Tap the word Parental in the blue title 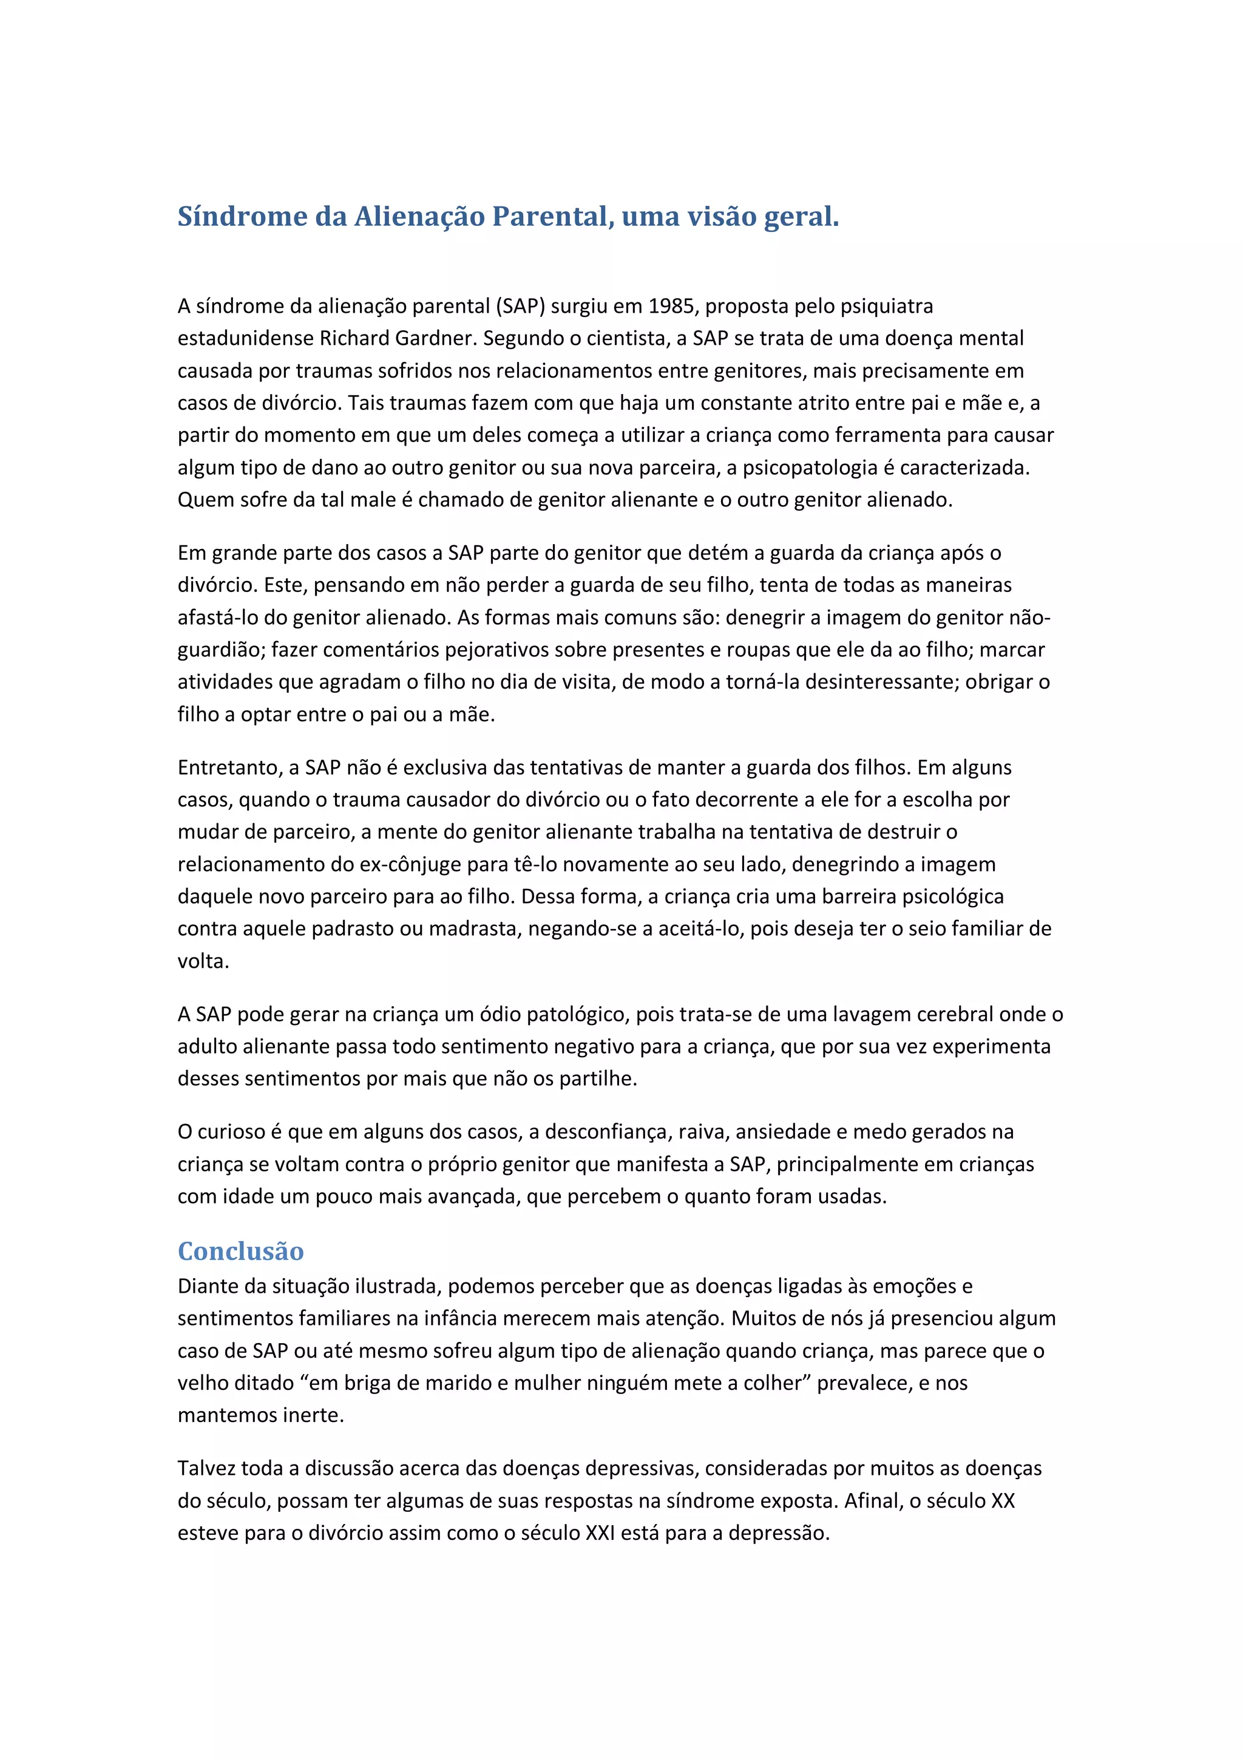pyautogui.click(x=552, y=217)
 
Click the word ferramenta pyautogui.click(x=882, y=435)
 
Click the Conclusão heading pyautogui.click(x=240, y=1251)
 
